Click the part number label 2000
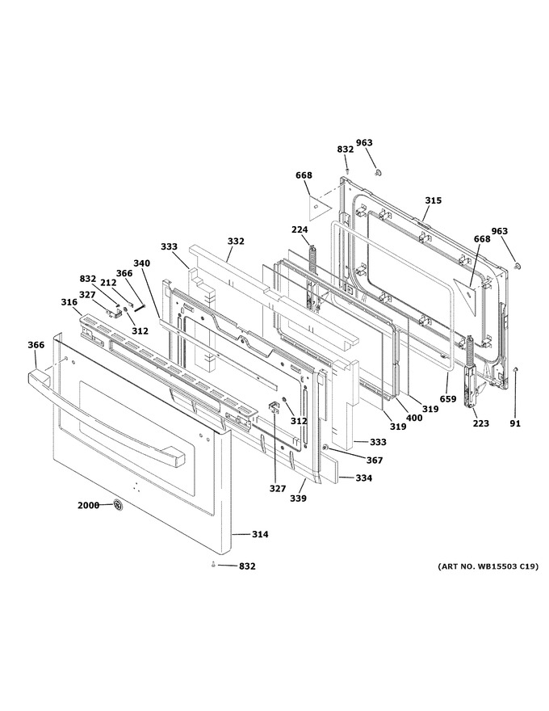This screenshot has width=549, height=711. pos(88,505)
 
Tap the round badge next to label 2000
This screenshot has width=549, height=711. pos(118,505)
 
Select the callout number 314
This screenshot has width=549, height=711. pos(260,534)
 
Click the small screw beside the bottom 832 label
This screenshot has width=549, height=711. pos(213,565)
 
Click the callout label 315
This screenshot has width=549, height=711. pos(433,200)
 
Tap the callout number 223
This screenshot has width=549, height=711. pos(481,423)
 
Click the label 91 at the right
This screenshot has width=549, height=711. pos(515,423)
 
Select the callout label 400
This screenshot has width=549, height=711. pos(414,418)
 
